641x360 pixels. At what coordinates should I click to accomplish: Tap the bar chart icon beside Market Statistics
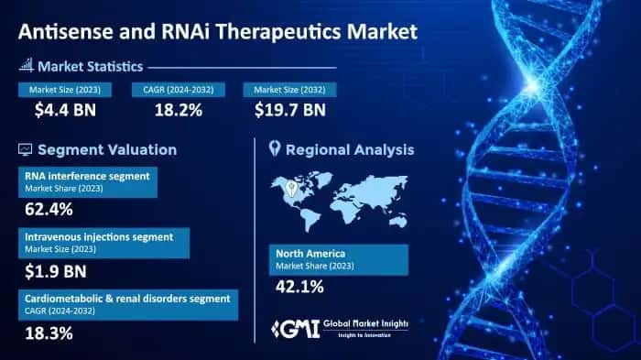25,66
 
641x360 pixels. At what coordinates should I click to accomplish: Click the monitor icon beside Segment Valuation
25,149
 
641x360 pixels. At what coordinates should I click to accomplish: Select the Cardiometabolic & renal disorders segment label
128,297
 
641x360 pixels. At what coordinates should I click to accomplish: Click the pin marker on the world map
291,188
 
